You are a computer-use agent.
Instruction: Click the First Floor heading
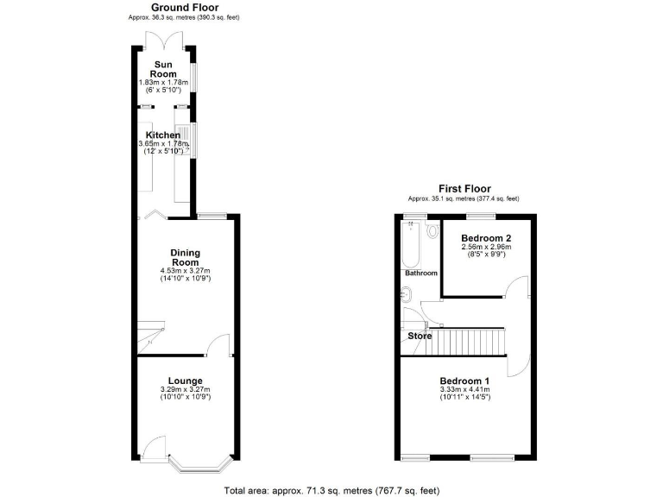tap(464, 188)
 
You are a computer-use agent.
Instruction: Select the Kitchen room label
tap(163, 135)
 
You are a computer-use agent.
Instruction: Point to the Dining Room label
tap(185, 257)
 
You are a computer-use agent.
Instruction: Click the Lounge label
tap(185, 381)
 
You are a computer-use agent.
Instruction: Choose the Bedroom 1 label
tap(464, 381)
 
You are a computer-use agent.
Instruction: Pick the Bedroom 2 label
tap(486, 237)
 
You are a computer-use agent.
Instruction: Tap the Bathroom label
tap(421, 274)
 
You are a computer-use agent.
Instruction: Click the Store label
tap(420, 336)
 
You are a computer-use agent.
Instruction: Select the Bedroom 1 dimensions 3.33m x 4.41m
tap(464, 391)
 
